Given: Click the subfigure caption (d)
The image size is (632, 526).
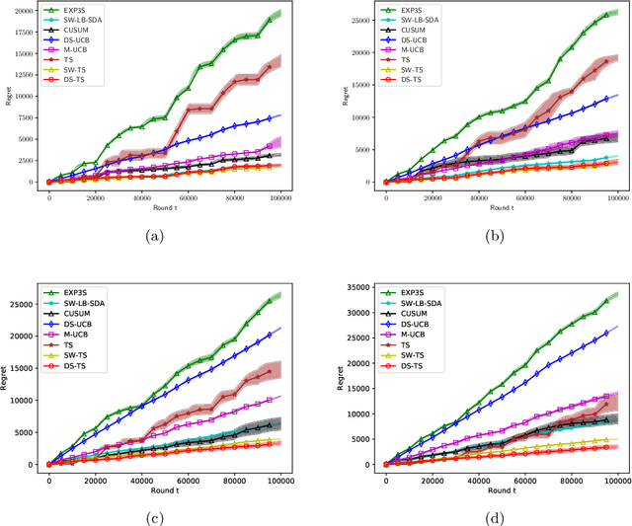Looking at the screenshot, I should click(492, 515).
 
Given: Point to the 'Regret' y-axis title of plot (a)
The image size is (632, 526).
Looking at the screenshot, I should click(7, 98).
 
